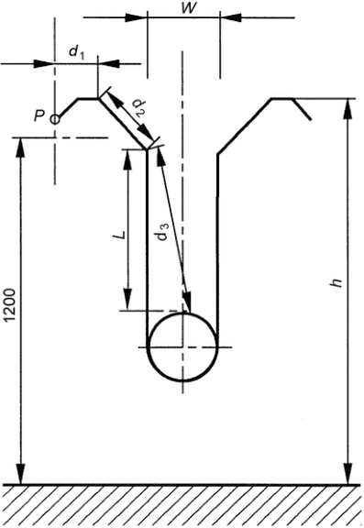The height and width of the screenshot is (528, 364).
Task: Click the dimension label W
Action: click(x=188, y=7)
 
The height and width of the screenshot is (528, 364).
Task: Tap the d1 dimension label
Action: click(x=76, y=52)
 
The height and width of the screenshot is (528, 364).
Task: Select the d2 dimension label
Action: click(x=138, y=107)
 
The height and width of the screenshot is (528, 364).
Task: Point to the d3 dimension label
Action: click(x=162, y=232)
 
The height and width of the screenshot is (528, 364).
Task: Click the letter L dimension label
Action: click(x=122, y=235)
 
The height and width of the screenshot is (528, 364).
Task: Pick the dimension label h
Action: click(x=336, y=283)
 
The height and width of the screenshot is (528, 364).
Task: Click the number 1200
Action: click(x=10, y=305)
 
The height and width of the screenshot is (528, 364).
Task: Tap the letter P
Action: click(x=39, y=116)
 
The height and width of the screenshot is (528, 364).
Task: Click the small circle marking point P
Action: click(x=55, y=119)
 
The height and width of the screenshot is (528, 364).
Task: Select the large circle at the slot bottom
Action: click(x=182, y=313)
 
